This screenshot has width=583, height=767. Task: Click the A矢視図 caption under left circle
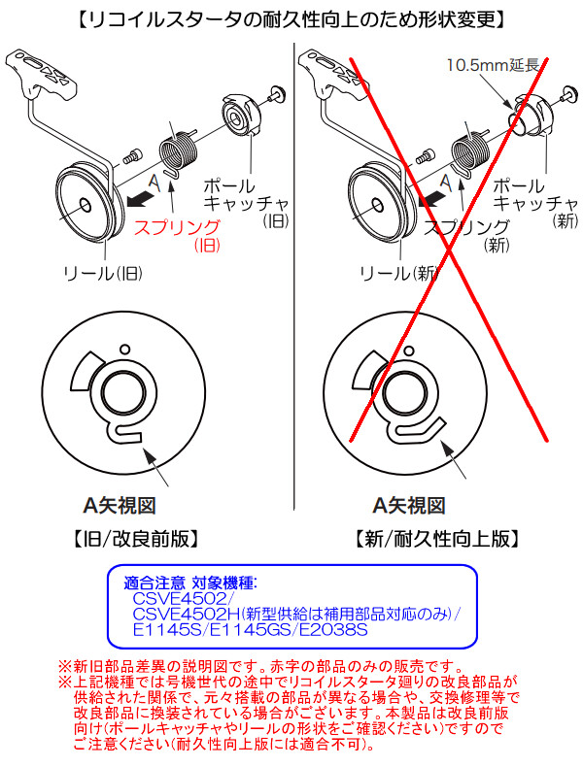[x=118, y=505]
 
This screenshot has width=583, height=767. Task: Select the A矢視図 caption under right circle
[x=410, y=505]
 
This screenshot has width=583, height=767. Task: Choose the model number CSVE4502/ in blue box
[x=177, y=599]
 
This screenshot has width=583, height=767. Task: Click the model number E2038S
[x=333, y=630]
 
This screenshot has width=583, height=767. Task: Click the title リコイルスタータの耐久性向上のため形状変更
[x=291, y=17]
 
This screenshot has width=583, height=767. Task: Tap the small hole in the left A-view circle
[x=123, y=349]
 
